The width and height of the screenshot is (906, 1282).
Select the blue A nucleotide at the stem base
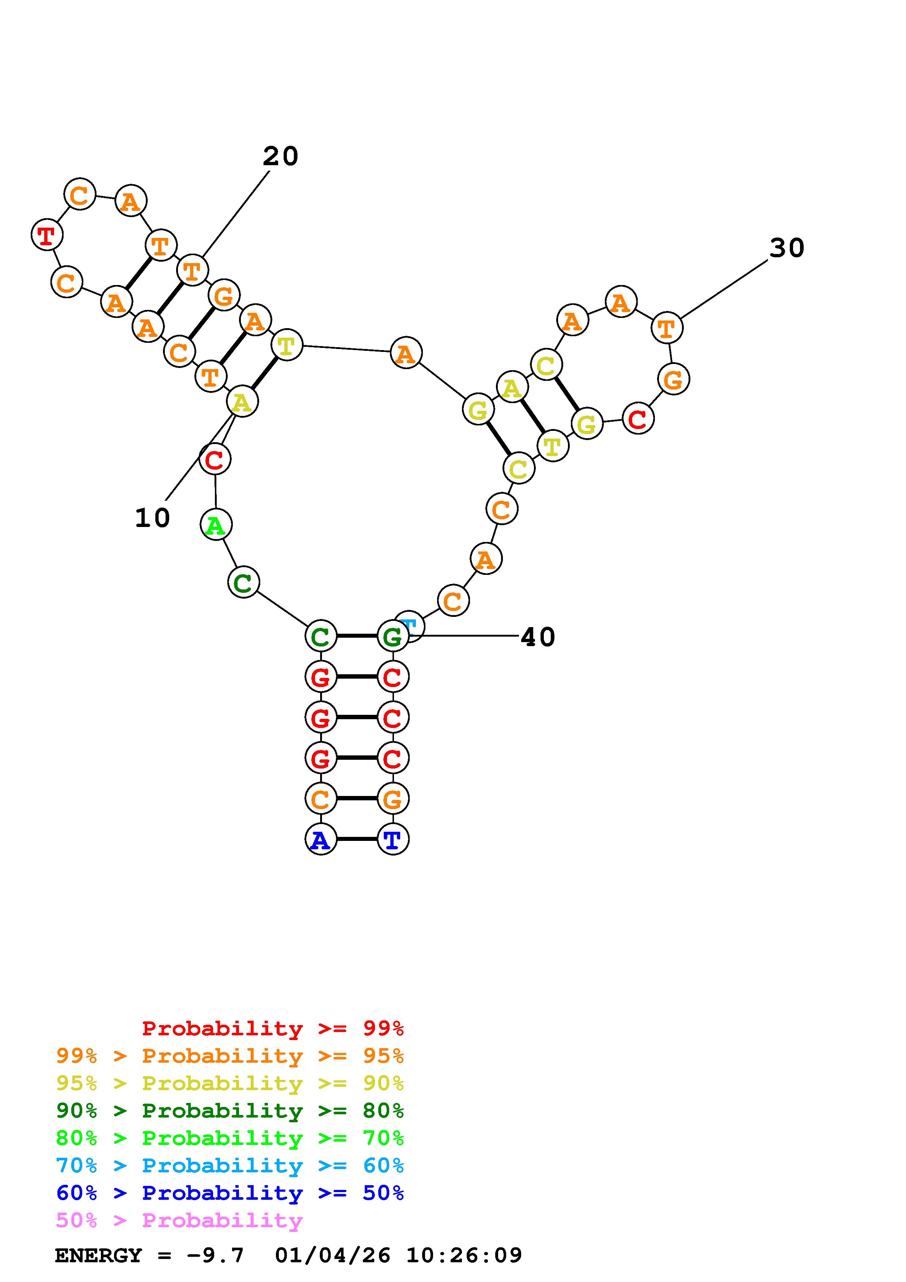point(321,839)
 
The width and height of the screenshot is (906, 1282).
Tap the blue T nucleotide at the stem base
point(393,839)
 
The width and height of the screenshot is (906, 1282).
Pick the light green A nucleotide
point(216,525)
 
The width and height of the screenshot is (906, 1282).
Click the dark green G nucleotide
point(393,636)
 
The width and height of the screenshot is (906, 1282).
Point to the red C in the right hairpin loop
point(637,419)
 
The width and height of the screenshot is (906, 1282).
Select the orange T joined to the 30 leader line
point(667,328)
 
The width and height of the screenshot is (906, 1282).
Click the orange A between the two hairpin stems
point(406,353)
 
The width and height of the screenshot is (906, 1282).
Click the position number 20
point(280,156)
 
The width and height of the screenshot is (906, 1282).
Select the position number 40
point(538,637)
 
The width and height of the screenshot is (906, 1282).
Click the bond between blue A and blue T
point(357,839)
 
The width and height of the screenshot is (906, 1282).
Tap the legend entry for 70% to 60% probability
point(230,1166)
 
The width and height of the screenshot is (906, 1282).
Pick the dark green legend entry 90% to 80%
point(230,1111)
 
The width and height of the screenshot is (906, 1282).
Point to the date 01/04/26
point(333,1256)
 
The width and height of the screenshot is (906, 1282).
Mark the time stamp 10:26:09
point(464,1256)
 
